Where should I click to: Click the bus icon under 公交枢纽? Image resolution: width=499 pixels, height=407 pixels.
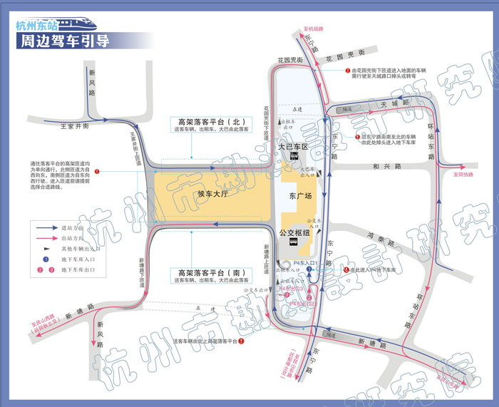click(294, 243)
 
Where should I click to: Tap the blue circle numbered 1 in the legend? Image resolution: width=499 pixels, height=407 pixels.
click(45, 259)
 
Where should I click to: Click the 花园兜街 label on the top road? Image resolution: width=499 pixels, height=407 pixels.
click(346, 55)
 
